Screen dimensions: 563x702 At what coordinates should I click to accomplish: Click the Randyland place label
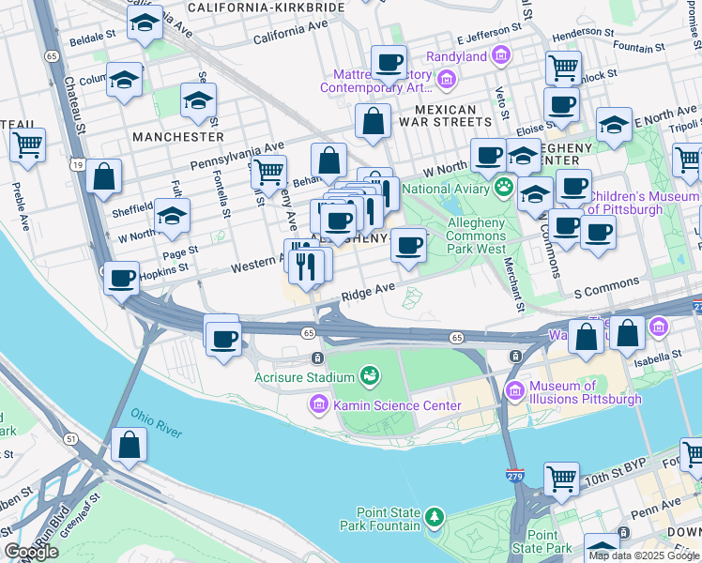457,56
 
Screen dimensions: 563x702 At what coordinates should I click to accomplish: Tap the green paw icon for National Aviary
505,186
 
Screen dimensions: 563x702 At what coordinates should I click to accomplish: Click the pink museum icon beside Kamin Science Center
318,405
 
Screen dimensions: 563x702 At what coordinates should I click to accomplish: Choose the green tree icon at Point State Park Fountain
433,517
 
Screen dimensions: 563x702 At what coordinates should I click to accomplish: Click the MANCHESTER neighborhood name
178,137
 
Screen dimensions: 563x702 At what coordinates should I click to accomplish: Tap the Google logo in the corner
31,552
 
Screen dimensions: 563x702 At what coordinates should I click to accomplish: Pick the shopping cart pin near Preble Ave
28,146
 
